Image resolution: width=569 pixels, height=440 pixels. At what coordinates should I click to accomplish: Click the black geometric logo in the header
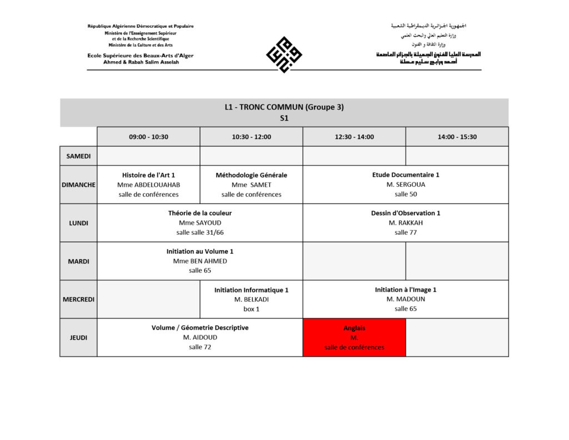click(x=284, y=54)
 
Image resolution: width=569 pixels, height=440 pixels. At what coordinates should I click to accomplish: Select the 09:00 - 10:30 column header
click(x=148, y=137)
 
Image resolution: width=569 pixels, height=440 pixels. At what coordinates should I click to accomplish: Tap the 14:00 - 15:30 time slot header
click(x=457, y=137)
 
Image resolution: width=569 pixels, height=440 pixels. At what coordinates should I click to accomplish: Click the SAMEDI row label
click(x=78, y=156)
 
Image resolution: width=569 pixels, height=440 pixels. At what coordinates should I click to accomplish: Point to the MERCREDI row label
click(x=78, y=299)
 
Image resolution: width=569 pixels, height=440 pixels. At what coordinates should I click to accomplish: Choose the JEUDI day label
click(x=78, y=338)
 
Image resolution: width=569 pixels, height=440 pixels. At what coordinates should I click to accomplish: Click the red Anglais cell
click(x=354, y=338)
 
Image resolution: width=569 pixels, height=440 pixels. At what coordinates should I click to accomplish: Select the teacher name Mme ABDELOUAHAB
click(x=148, y=185)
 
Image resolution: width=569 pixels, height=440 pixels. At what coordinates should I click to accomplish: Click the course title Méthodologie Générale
click(x=251, y=175)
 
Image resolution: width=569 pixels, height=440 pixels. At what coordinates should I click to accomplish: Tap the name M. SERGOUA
click(x=406, y=185)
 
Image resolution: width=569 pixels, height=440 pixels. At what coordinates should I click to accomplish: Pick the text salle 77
click(x=406, y=233)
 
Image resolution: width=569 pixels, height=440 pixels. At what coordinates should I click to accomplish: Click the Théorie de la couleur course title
click(x=200, y=213)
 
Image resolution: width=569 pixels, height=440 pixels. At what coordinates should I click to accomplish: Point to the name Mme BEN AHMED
click(x=200, y=261)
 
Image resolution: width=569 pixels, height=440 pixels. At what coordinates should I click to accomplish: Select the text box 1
click(x=251, y=309)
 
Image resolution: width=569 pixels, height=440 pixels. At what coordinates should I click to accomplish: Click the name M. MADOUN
click(x=406, y=299)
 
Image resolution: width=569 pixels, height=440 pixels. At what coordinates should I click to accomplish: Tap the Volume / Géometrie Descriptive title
click(x=200, y=328)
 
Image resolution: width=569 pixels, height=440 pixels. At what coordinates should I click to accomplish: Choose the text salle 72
click(x=200, y=347)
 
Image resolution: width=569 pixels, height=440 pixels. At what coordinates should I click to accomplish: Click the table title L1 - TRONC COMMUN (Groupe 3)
click(x=284, y=107)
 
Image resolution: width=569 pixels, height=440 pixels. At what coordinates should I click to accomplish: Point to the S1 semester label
click(x=284, y=118)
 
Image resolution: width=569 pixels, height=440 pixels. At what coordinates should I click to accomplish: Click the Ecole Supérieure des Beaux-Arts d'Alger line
click(x=140, y=56)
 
